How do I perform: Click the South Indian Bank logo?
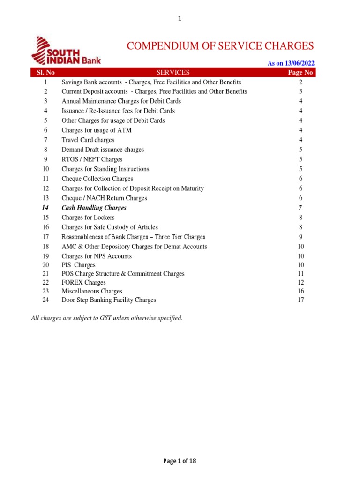(66, 51)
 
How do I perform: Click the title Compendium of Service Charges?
(220, 45)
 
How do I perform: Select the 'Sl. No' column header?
(46, 72)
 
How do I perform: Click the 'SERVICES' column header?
(173, 72)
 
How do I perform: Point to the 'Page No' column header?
(300, 72)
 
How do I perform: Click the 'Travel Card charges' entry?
(88, 140)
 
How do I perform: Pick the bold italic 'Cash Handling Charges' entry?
(94, 208)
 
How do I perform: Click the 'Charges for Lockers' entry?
(88, 217)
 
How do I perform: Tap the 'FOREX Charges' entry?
(84, 282)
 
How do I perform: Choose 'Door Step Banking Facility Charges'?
(109, 300)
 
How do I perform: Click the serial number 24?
(45, 300)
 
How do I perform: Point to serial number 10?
(45, 169)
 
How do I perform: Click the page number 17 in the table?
(300, 300)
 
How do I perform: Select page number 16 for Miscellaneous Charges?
(300, 291)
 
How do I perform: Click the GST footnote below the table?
(106, 318)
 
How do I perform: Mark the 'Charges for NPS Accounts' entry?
(97, 256)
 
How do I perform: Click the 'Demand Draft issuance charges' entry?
(103, 150)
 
